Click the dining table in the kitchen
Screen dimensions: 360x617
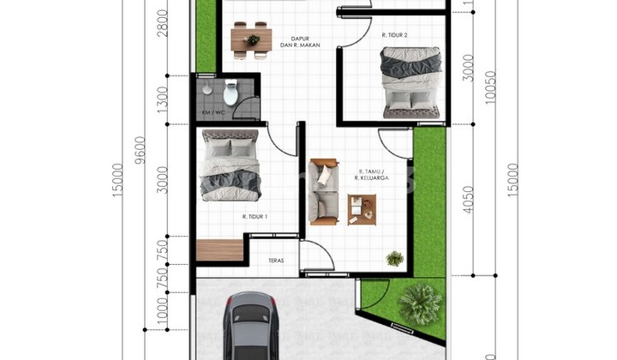click(x=251, y=39)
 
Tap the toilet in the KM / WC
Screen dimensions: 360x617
click(x=230, y=92)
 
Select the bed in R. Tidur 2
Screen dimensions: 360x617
click(x=411, y=81)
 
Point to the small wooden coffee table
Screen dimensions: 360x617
click(x=362, y=209)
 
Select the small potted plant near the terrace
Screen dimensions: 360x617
click(x=394, y=257)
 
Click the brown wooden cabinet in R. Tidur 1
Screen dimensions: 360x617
click(x=219, y=250)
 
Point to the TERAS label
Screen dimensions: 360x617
click(x=276, y=260)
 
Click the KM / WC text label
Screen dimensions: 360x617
click(x=213, y=112)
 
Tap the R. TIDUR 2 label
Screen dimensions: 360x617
click(x=394, y=35)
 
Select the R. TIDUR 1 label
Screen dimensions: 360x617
click(x=255, y=216)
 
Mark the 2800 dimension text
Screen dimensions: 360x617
click(x=163, y=39)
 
